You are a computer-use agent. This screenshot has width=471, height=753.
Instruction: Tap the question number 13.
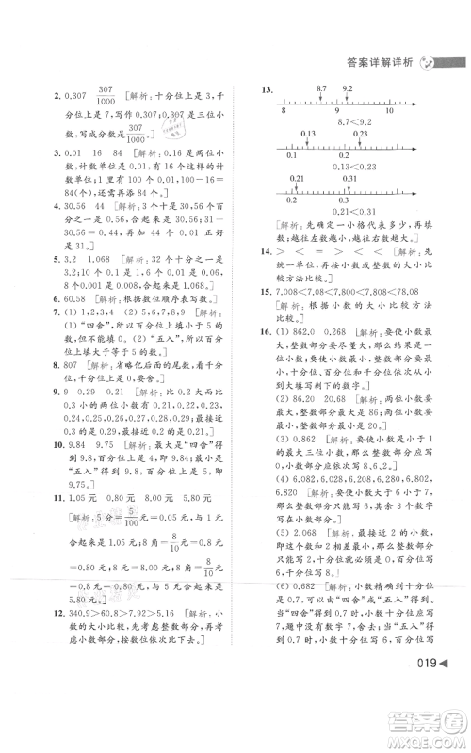(268, 88)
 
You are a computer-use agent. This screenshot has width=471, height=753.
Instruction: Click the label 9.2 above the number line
(348, 88)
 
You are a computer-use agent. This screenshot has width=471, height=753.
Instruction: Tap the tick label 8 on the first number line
(284, 110)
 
